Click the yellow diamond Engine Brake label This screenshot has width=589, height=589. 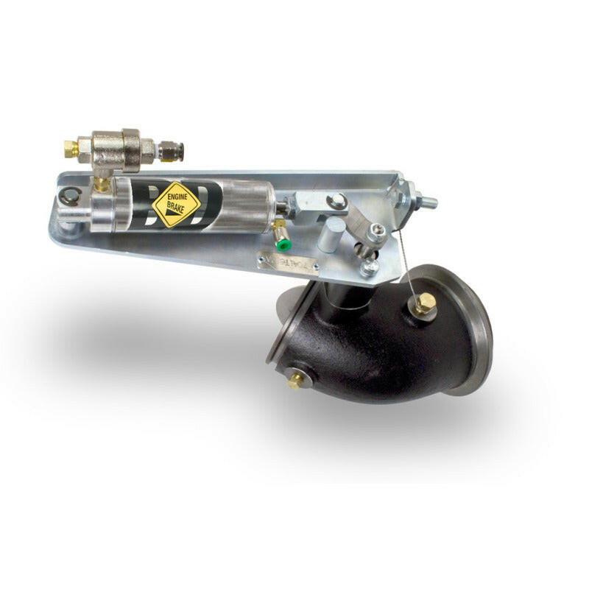point(176,204)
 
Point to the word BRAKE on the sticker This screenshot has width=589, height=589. point(177,209)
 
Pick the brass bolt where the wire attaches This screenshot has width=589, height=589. point(425,303)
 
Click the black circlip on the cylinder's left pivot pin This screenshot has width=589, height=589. point(71,195)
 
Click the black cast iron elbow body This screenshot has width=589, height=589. point(368,346)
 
